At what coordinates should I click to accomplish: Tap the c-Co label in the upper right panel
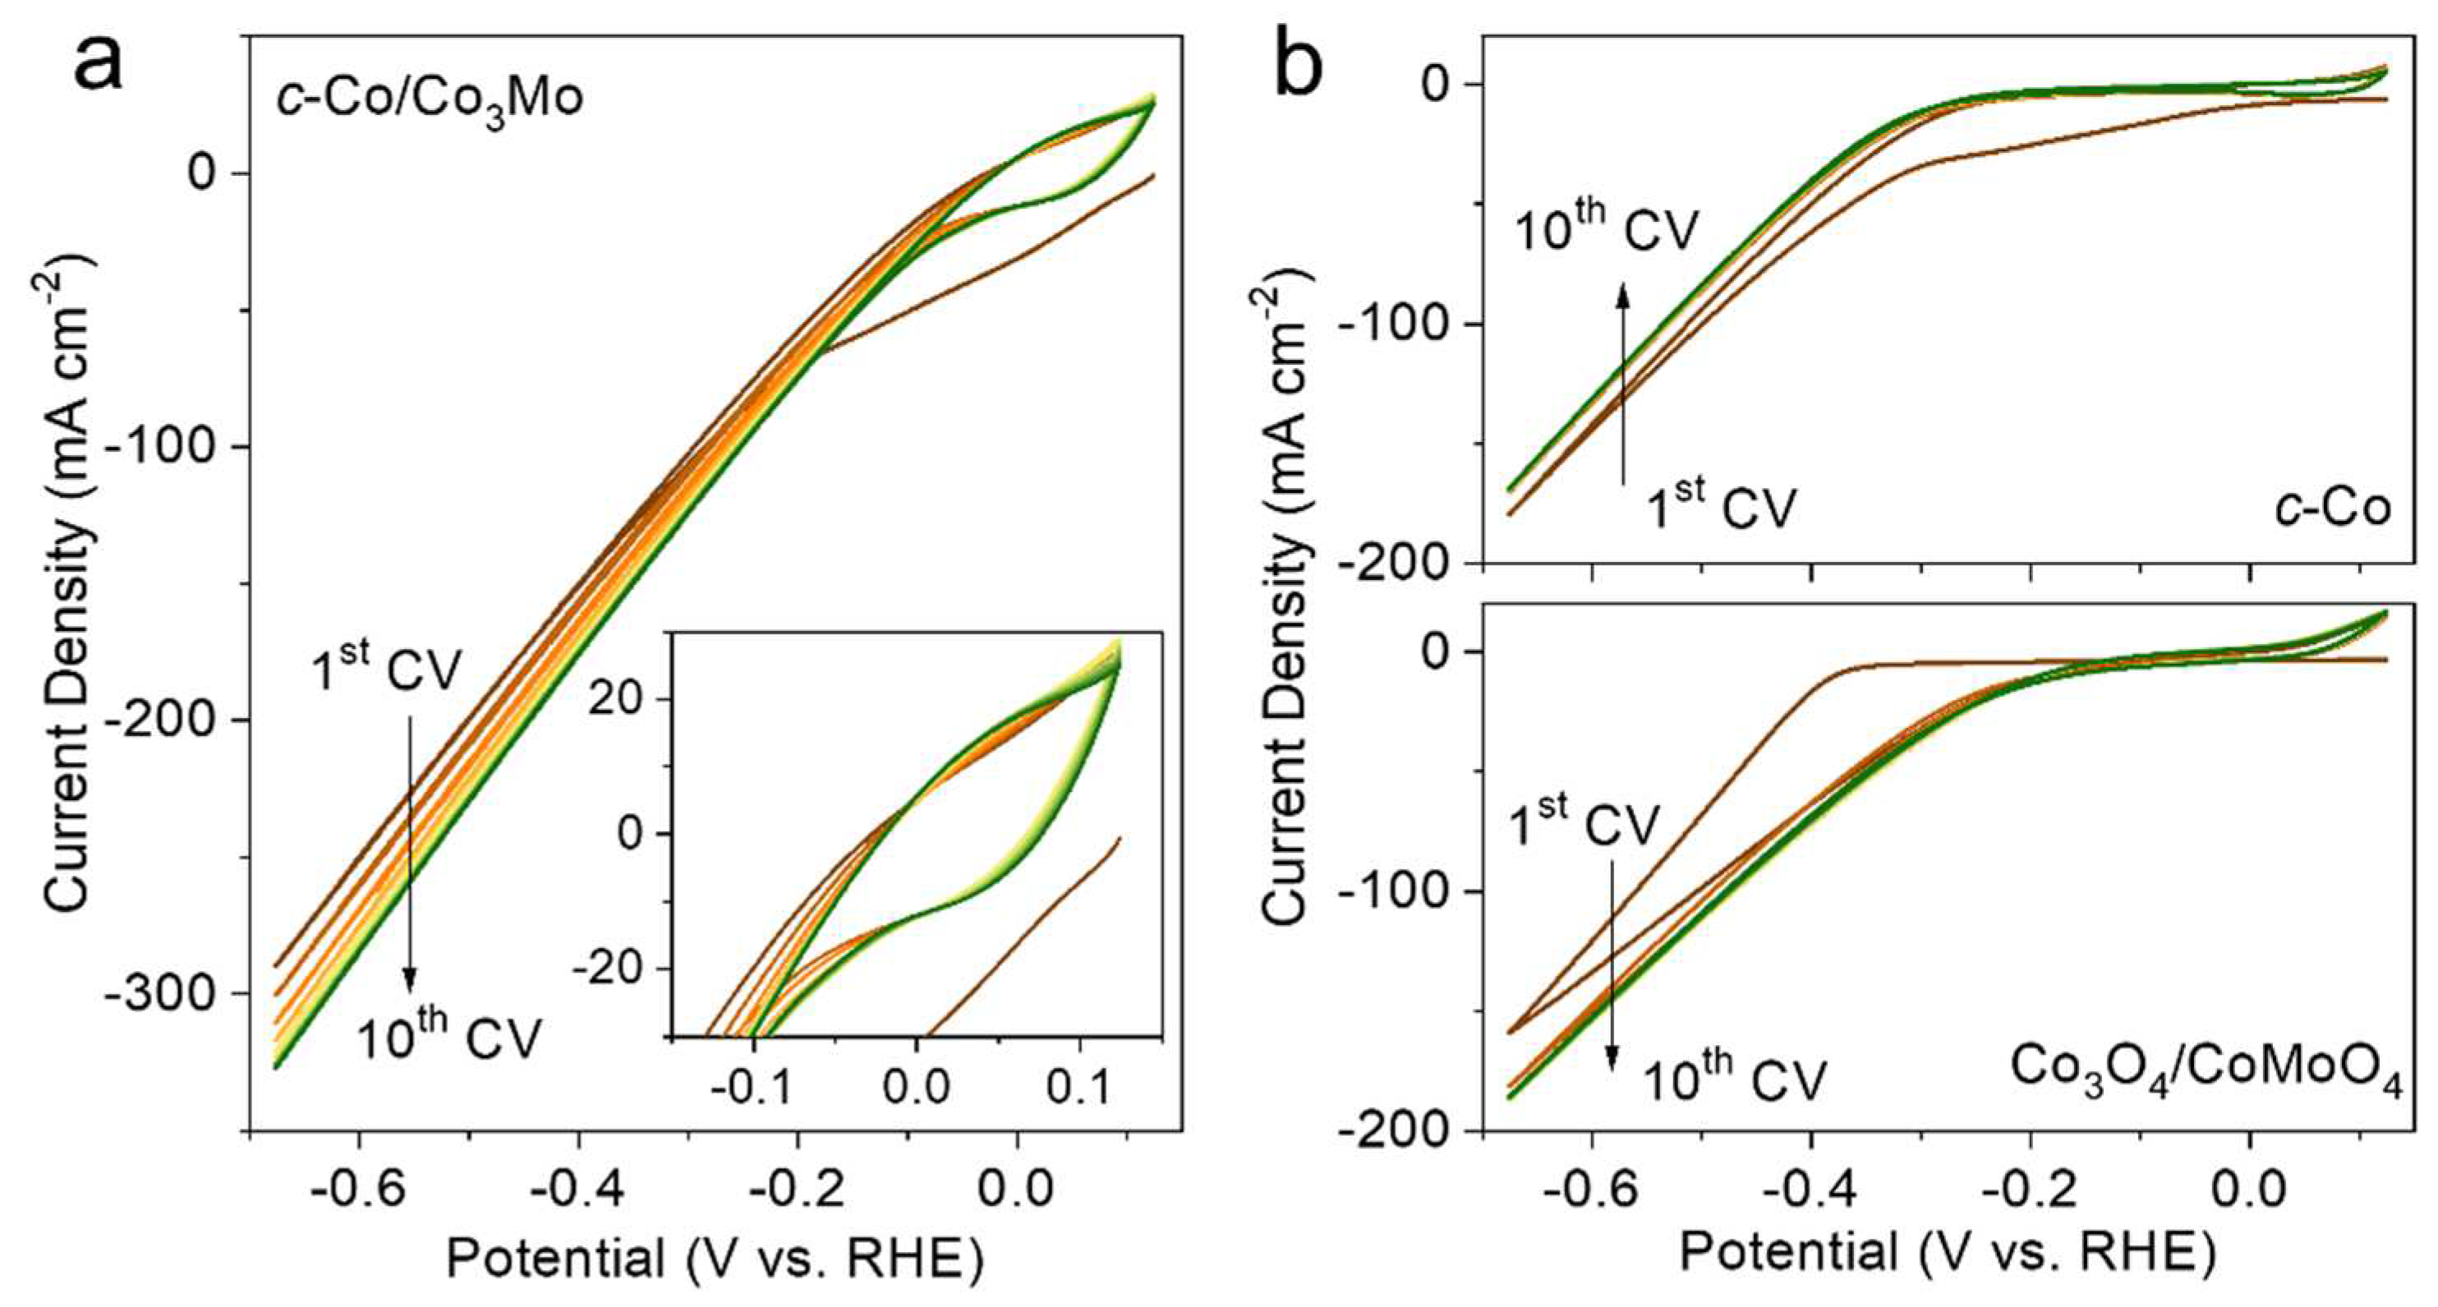(2332, 509)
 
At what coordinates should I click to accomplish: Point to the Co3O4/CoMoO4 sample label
(2206, 1070)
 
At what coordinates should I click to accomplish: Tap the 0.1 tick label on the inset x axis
(1079, 1088)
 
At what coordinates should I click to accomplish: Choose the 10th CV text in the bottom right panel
(1732, 1079)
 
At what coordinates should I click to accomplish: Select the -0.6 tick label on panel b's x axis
(1591, 1189)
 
